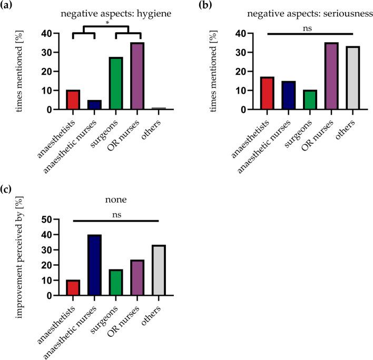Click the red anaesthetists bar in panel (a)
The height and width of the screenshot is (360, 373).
(x=73, y=100)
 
